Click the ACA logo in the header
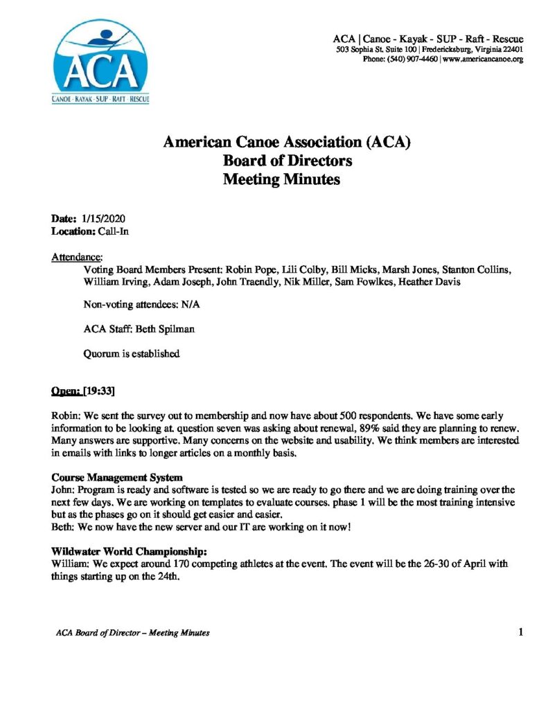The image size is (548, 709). [x=100, y=62]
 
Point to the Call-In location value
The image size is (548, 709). [x=112, y=232]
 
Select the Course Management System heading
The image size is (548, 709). [x=118, y=477]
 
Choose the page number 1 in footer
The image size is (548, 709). [x=520, y=631]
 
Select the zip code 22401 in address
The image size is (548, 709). [x=511, y=50]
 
